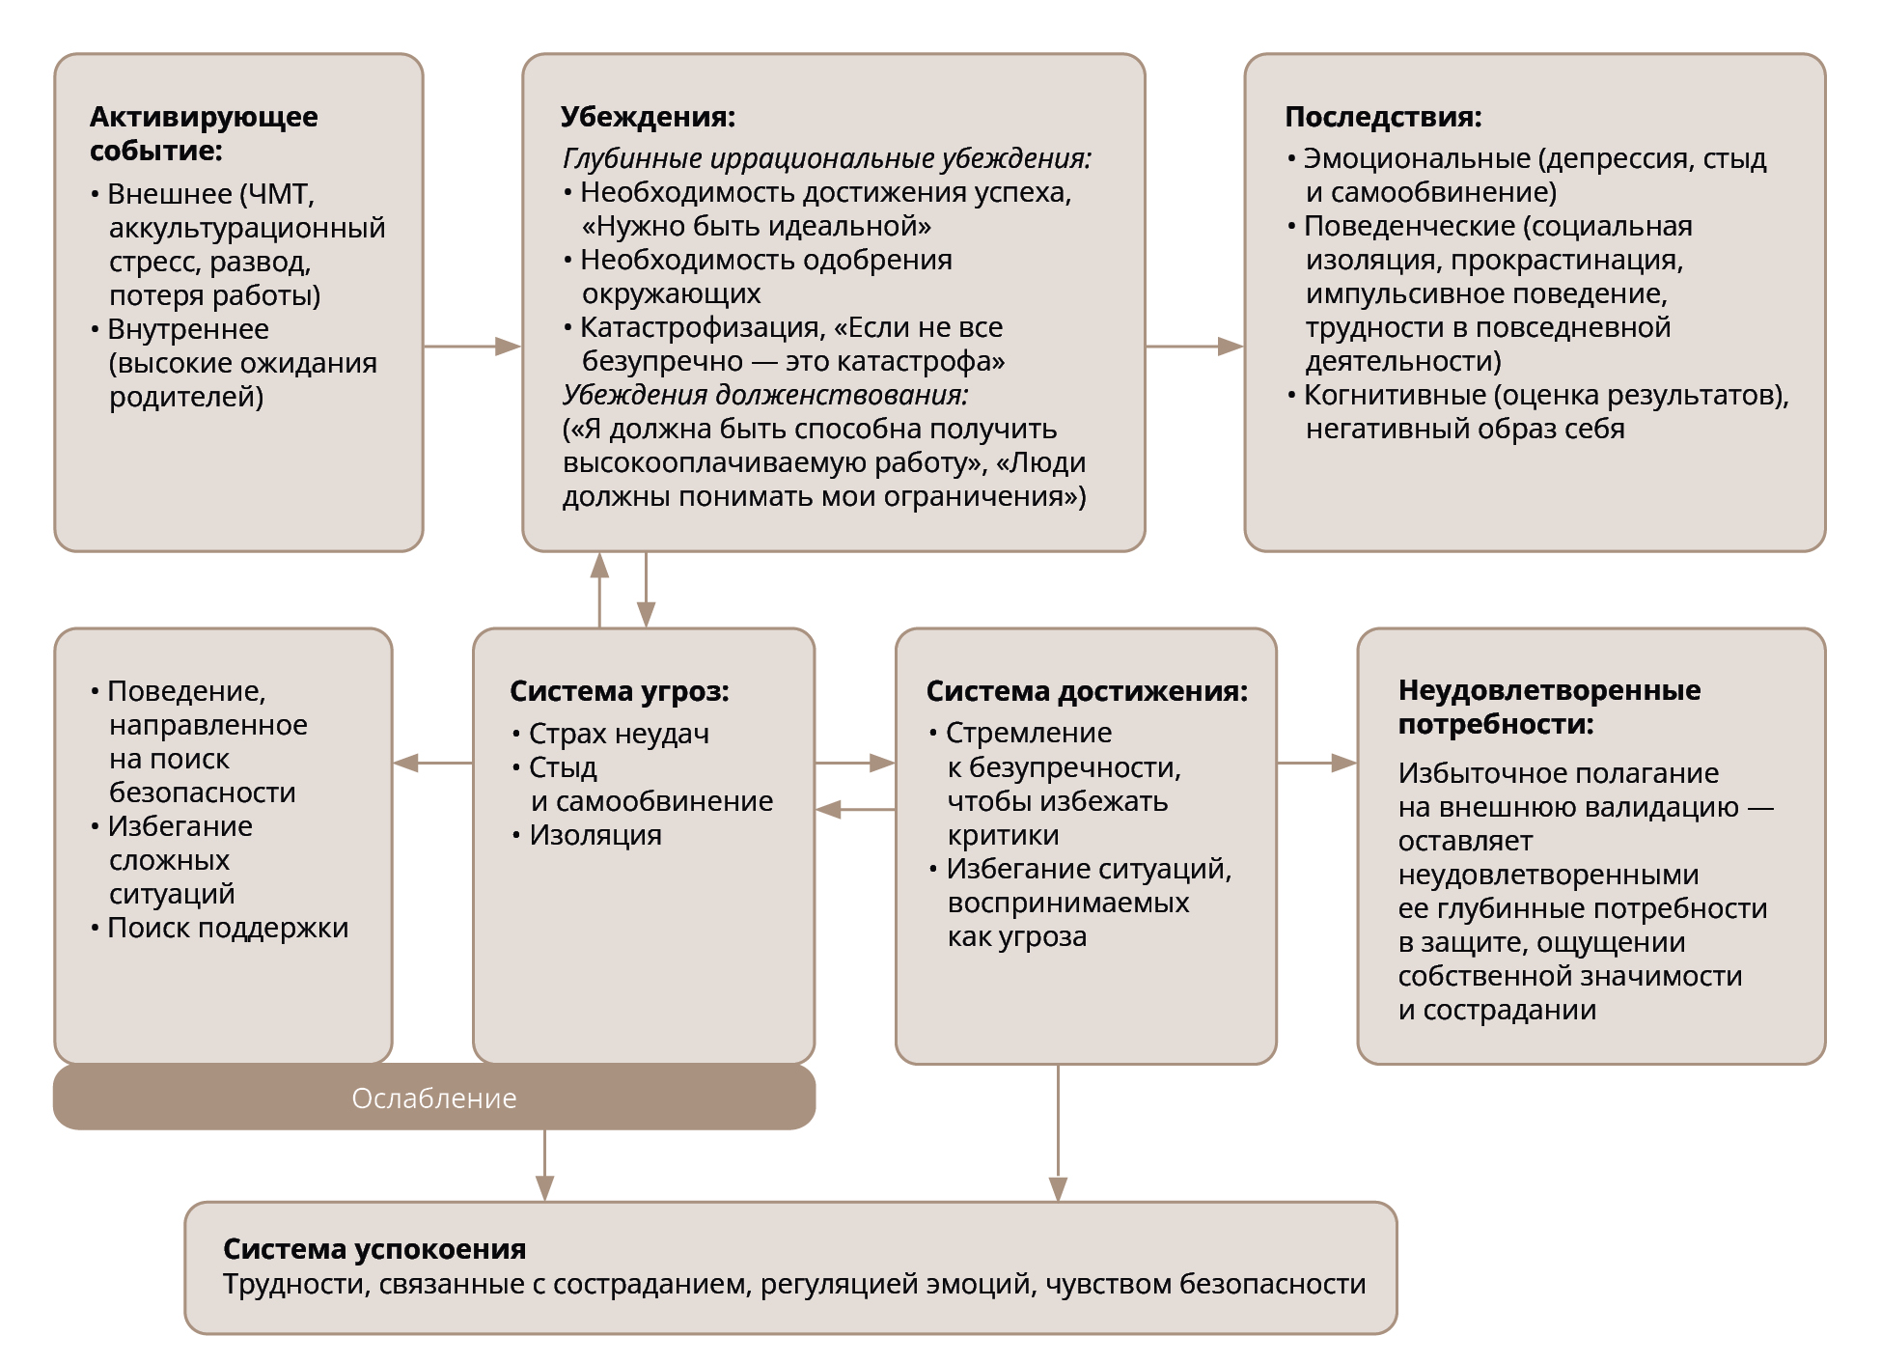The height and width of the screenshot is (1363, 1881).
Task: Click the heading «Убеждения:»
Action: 648,117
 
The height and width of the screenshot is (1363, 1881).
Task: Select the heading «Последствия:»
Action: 1382,117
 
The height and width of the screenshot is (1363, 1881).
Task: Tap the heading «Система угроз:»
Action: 619,691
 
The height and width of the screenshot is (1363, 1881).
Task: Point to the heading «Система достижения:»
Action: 1086,691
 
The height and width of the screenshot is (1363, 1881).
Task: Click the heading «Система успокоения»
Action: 374,1249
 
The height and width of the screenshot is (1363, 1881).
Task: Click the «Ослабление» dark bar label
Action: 433,1099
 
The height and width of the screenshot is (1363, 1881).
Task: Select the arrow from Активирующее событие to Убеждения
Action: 472,346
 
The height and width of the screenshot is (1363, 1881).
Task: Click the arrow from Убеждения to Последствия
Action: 1194,346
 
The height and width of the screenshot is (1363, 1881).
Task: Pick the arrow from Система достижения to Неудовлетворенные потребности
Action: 1316,763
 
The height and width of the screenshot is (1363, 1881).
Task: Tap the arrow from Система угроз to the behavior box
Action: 432,763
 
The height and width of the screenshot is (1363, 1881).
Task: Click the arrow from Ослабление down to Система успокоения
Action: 544,1165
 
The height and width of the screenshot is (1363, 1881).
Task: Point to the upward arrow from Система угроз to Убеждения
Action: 599,589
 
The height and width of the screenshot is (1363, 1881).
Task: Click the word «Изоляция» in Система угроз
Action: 595,835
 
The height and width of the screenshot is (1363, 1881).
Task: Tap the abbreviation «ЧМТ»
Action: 279,194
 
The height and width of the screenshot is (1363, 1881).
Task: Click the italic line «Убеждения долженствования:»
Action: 764,395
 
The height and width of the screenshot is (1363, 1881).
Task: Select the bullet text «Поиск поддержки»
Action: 228,928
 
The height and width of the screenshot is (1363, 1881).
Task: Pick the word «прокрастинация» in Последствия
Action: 1566,260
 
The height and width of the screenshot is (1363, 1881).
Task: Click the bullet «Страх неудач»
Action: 619,734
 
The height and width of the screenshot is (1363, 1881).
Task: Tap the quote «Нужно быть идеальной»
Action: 756,226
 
